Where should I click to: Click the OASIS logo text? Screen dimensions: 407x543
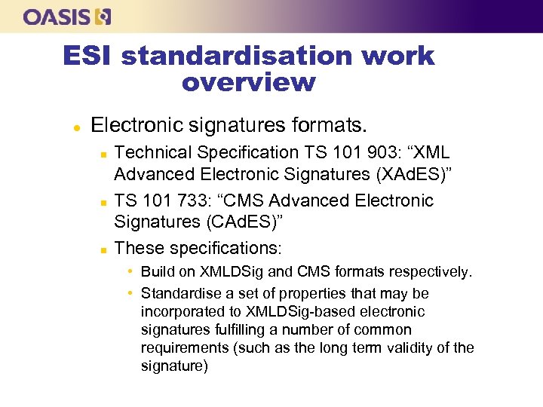57,16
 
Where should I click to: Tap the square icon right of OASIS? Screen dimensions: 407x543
103,16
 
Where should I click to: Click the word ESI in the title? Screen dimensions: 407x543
89,56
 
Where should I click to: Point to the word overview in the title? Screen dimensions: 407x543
248,82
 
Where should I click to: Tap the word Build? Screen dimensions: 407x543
158,271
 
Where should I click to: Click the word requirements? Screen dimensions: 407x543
182,348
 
